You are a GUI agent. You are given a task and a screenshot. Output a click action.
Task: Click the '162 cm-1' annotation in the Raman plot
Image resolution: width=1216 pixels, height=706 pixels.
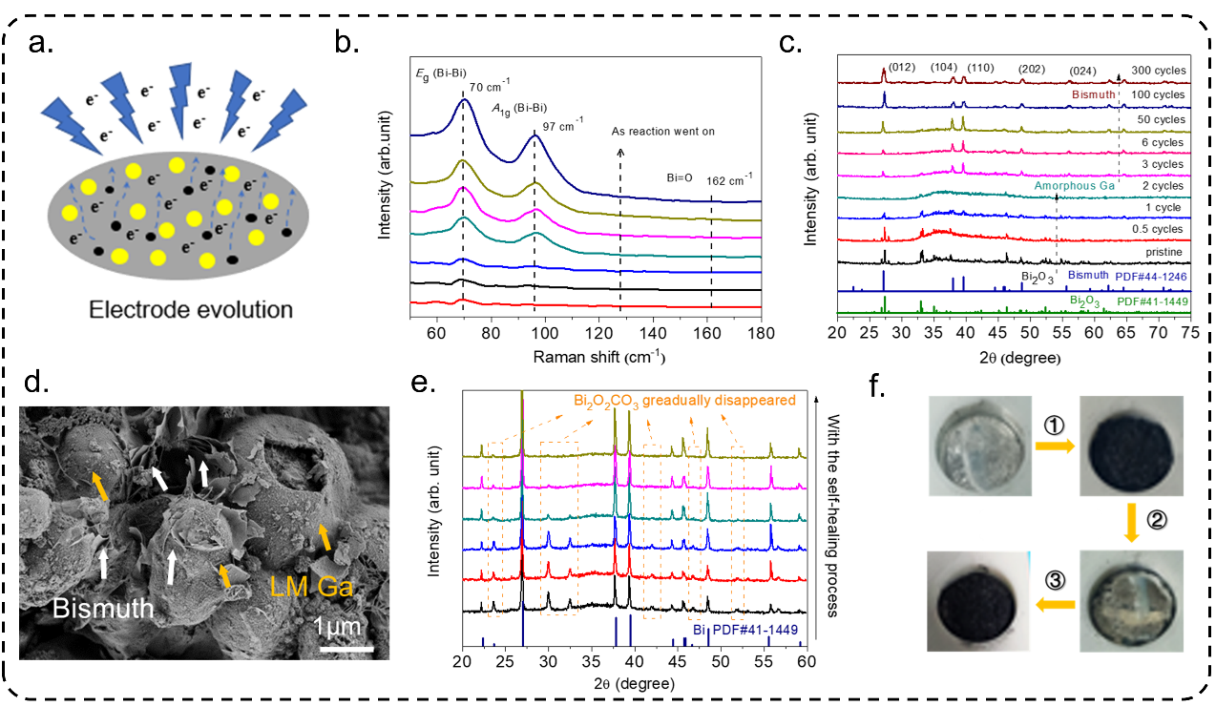click(730, 176)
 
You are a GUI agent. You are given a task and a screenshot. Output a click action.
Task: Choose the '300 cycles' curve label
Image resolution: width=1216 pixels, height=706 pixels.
click(1156, 71)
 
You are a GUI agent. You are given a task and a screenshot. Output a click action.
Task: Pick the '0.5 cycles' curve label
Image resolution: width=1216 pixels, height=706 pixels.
click(1155, 229)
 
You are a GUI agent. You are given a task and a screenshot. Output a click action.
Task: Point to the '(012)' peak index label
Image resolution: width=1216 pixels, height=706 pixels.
click(902, 67)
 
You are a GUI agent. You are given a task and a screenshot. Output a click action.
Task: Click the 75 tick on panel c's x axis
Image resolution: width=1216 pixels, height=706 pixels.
click(1189, 334)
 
